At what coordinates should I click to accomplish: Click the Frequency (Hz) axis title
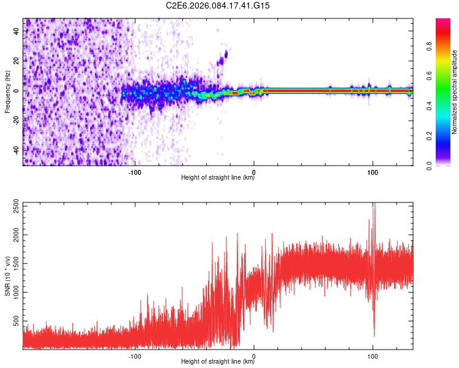(7, 91)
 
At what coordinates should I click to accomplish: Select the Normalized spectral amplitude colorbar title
(455, 92)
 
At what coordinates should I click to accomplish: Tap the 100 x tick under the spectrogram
(373, 172)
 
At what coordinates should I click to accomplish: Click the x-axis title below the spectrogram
(218, 178)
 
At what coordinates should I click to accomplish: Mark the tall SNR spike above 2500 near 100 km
(374, 206)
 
